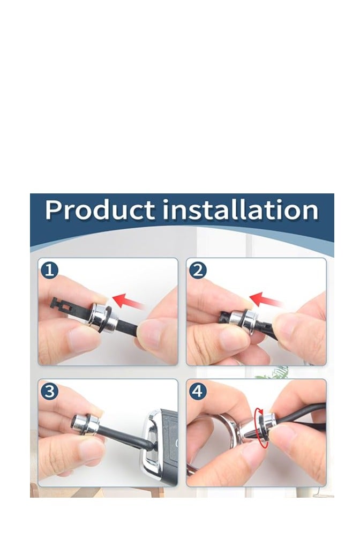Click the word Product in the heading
pyautogui.click(x=100, y=210)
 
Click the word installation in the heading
pyautogui.click(x=241, y=210)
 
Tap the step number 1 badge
pyautogui.click(x=50, y=270)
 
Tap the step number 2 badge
pyautogui.click(x=198, y=270)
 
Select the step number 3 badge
pyautogui.click(x=50, y=391)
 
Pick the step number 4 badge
pyautogui.click(x=198, y=391)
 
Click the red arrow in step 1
pyautogui.click(x=128, y=301)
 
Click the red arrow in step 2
pyautogui.click(x=266, y=299)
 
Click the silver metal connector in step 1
pyautogui.click(x=103, y=318)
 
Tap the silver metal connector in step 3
pyautogui.click(x=85, y=424)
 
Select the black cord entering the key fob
pyautogui.click(x=127, y=437)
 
